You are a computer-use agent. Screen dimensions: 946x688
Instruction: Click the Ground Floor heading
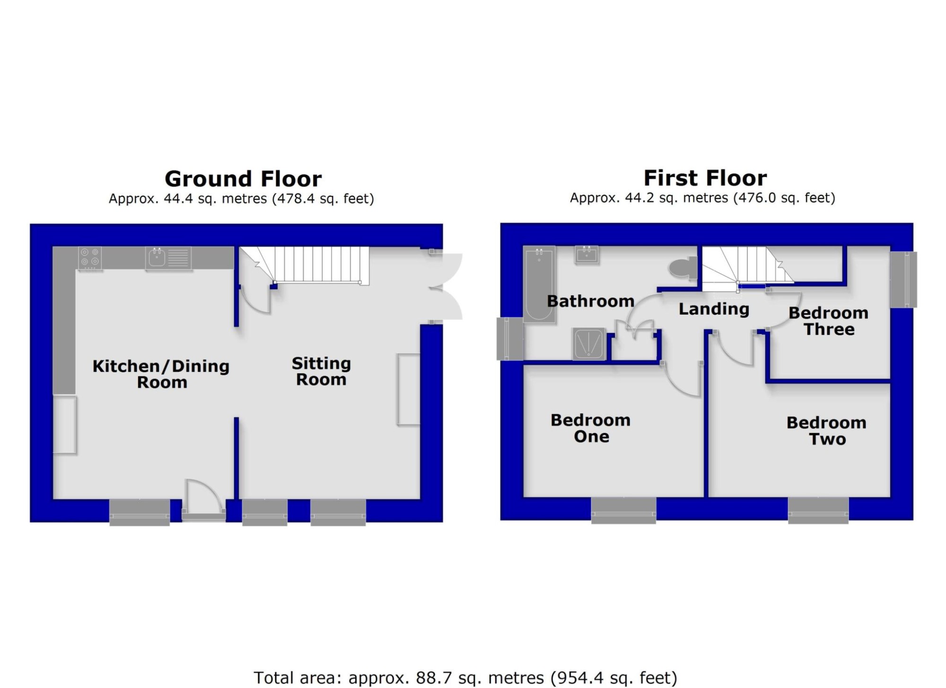pyautogui.click(x=243, y=179)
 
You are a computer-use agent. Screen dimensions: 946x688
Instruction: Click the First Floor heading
pyautogui.click(x=705, y=178)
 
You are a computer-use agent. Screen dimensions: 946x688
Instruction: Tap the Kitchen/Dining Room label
pyautogui.click(x=161, y=374)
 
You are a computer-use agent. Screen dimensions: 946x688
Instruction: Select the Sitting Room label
pyautogui.click(x=321, y=371)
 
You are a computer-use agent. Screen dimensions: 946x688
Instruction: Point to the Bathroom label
pyautogui.click(x=590, y=301)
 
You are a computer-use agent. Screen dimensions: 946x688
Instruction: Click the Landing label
pyautogui.click(x=714, y=309)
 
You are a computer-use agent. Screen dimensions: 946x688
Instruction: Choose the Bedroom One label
pyautogui.click(x=591, y=428)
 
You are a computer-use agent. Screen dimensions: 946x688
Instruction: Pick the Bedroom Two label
pyautogui.click(x=826, y=431)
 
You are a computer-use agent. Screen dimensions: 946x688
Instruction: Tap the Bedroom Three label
pyautogui.click(x=829, y=321)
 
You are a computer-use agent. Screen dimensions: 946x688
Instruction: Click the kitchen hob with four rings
pyautogui.click(x=90, y=258)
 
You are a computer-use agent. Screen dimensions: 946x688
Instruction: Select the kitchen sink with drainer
pyautogui.click(x=168, y=258)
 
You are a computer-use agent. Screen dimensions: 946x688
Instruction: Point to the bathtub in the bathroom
pyautogui.click(x=539, y=284)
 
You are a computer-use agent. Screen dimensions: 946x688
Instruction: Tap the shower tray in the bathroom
pyautogui.click(x=589, y=344)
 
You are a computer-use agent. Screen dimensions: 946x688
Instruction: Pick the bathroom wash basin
pyautogui.click(x=587, y=255)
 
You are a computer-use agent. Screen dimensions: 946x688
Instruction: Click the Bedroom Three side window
pyautogui.click(x=904, y=280)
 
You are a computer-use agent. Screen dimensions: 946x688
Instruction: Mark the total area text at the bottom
pyautogui.click(x=465, y=678)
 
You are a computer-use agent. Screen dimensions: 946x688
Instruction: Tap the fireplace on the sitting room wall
pyautogui.click(x=409, y=389)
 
